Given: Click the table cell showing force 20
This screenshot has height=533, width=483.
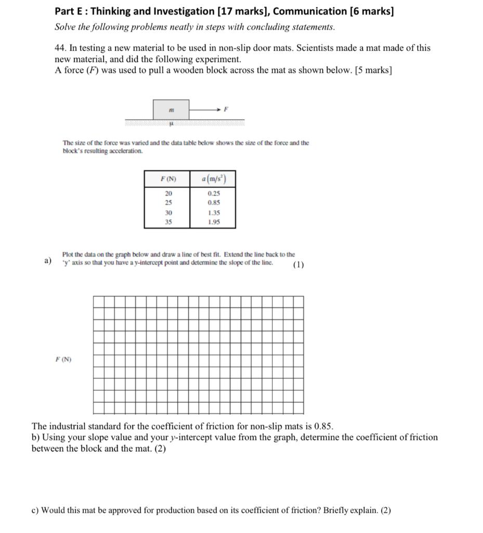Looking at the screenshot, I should point(168,193).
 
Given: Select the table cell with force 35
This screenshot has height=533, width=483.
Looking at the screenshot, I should point(168,222).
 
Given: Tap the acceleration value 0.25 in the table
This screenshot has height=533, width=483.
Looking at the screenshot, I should point(213,193).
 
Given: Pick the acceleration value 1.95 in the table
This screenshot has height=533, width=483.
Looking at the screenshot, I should point(213,222).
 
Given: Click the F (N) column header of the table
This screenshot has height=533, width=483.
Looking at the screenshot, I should point(168,180).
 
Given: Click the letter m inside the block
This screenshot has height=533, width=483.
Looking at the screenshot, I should point(171,110).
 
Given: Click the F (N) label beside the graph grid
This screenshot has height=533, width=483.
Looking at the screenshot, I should point(64,359).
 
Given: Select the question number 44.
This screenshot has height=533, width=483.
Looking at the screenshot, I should point(61,48).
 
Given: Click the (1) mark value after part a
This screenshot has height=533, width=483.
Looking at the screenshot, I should point(298,264).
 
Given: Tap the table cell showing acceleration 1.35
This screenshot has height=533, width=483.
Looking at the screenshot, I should point(213,213).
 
